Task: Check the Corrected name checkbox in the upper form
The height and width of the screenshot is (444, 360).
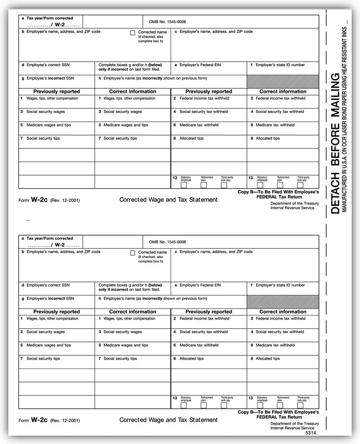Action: tap(133, 33)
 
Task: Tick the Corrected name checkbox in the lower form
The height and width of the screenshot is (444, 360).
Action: tap(133, 253)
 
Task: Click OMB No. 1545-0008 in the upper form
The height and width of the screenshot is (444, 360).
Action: tap(167, 22)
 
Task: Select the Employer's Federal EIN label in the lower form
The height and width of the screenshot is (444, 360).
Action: tap(200, 285)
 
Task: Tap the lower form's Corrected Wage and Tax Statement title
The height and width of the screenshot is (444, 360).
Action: tap(168, 420)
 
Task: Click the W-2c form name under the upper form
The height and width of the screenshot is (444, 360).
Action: tap(38, 199)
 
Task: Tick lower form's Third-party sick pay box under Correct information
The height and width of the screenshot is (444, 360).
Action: tap(300, 405)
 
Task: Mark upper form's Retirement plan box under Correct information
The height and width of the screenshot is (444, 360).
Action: tap(280, 185)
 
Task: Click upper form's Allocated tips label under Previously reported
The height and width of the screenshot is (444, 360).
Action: tap(191, 139)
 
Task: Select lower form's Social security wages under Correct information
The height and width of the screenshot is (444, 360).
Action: tap(122, 332)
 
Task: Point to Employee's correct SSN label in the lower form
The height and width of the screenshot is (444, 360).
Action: tap(48, 285)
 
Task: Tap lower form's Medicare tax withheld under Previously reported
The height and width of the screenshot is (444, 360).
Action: tap(199, 345)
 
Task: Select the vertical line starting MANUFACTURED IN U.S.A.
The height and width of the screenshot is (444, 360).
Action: tap(346, 117)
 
